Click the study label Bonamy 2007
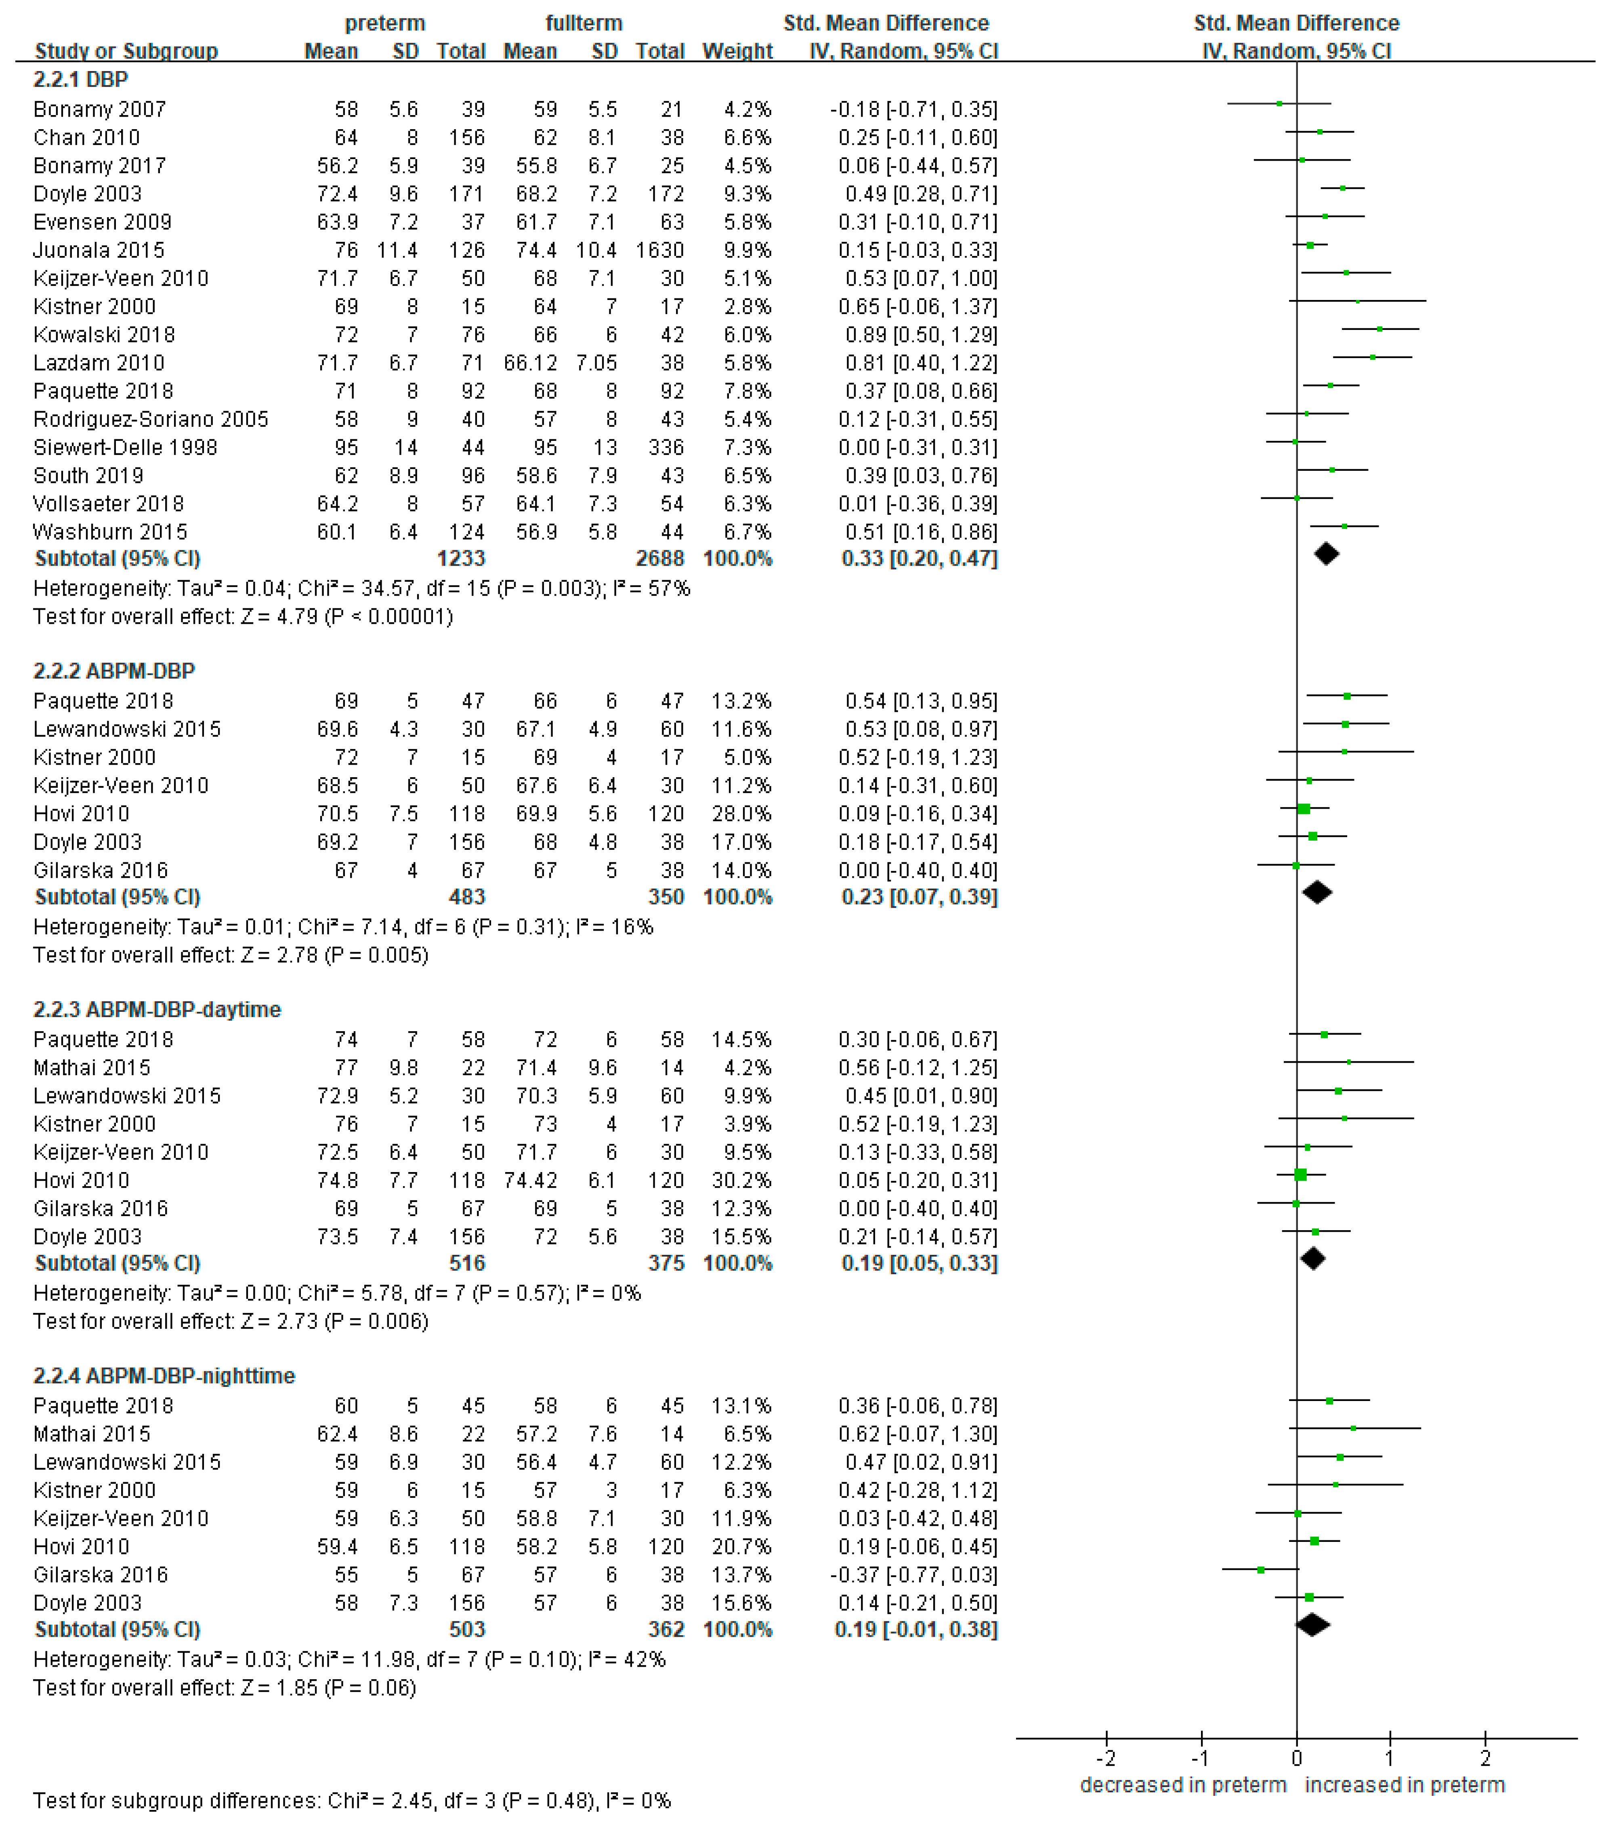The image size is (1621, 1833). [100, 109]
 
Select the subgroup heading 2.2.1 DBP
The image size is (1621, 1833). [81, 80]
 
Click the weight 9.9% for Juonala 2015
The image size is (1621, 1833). [747, 250]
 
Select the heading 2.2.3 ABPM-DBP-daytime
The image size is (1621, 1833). [157, 1010]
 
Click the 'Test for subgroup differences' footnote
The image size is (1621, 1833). [352, 1801]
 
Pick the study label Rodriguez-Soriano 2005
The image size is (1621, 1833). [151, 419]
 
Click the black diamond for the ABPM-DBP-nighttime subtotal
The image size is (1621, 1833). [1312, 1625]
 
